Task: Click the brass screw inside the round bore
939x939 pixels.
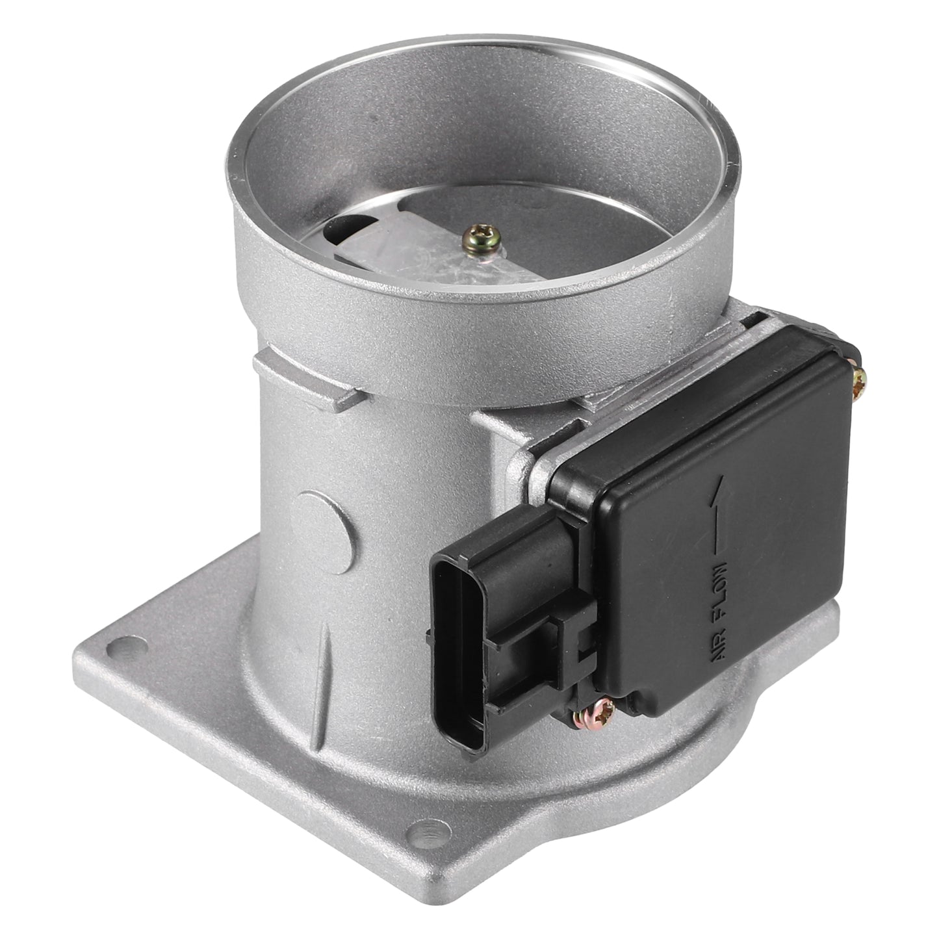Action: [x=482, y=238]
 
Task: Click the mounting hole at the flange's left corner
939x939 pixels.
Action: [x=126, y=647]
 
